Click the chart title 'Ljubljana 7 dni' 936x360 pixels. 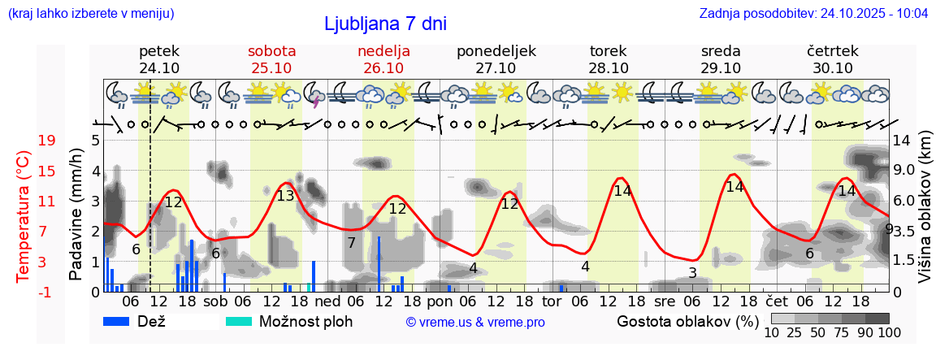coord(385,24)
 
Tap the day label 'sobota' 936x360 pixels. coord(271,50)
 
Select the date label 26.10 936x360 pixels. coord(383,68)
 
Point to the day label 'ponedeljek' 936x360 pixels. coord(496,50)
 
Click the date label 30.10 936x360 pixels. coord(833,68)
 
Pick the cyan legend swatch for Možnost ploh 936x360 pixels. coord(239,321)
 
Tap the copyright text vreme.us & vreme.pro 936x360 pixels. coord(475,322)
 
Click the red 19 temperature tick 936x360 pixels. coord(46,141)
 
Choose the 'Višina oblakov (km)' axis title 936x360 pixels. coord(925,215)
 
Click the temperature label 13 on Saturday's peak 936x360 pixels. coord(285,196)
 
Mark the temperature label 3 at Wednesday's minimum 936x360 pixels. coord(692,272)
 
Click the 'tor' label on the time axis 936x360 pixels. coord(552,301)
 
